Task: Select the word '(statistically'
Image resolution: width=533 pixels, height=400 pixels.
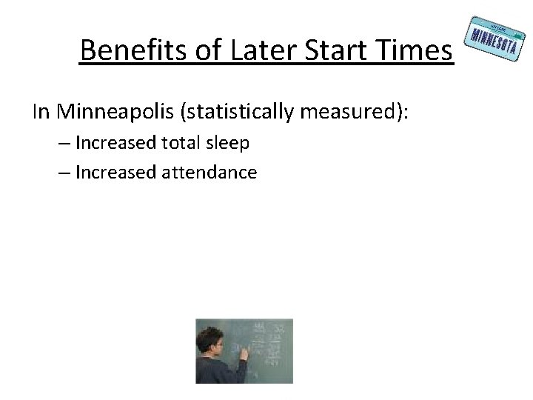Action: coord(245,112)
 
